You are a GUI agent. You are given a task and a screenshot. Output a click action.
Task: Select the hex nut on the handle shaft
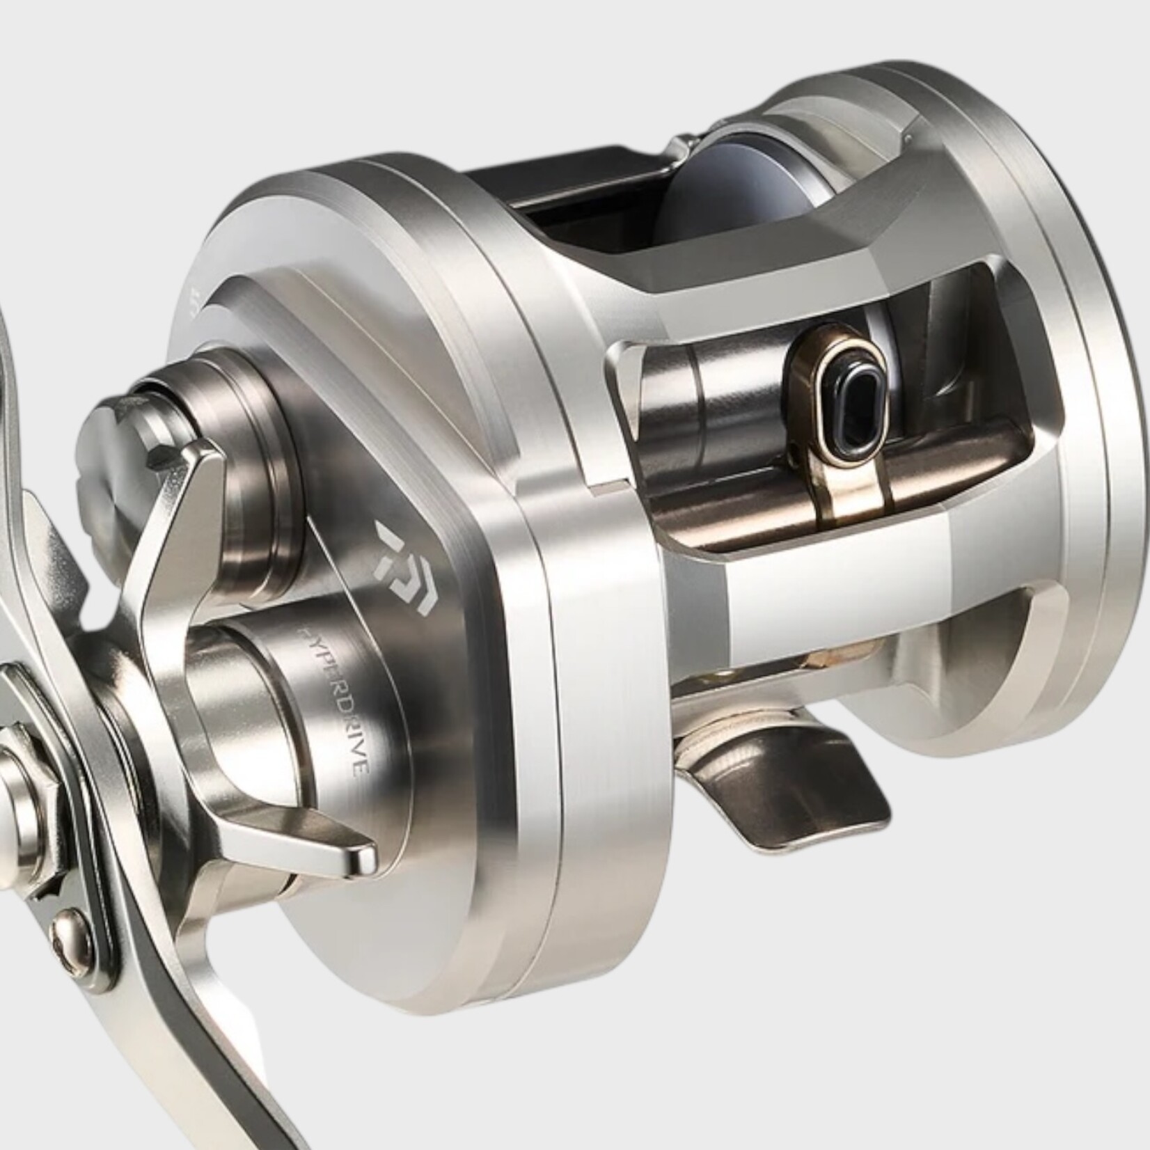pos(24,755)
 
